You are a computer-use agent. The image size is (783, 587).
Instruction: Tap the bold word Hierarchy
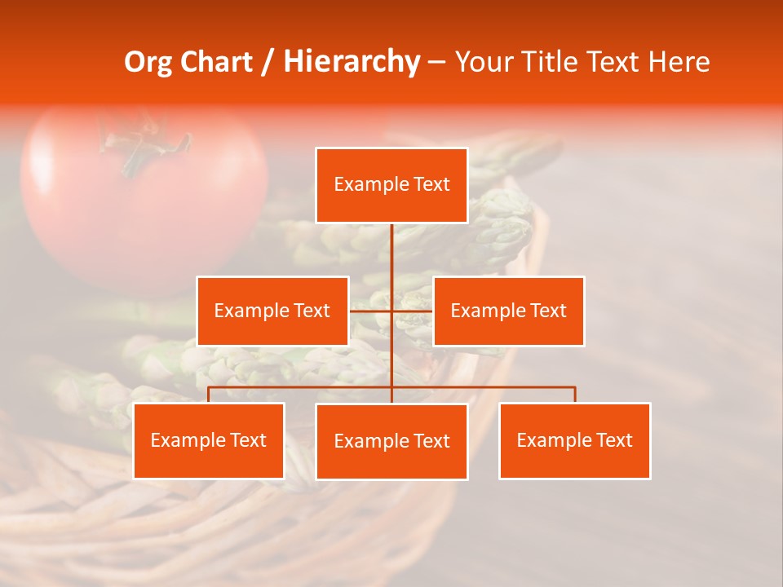351,62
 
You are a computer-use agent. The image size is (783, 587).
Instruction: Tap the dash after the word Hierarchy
436,63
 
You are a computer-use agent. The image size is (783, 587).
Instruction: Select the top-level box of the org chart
391,185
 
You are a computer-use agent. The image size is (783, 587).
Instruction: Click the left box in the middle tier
272,311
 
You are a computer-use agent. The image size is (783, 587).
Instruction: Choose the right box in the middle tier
508,311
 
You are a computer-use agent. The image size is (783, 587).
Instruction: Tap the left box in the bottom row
208,440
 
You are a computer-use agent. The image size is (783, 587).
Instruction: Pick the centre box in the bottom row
391,441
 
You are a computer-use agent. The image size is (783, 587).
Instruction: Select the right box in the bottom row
574,440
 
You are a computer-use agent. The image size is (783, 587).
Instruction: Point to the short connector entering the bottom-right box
575,395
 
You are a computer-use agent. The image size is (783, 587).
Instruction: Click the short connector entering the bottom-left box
208,395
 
